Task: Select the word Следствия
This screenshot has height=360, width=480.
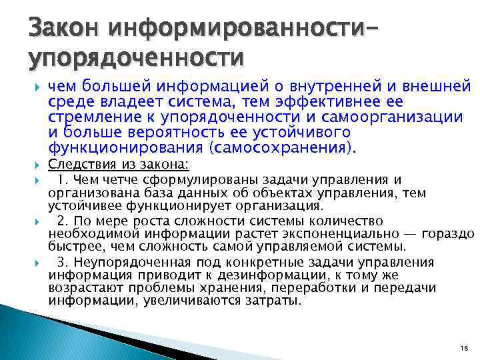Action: point(78,164)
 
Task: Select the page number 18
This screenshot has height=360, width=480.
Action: point(465,349)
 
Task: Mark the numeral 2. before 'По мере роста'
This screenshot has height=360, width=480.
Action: point(62,221)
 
